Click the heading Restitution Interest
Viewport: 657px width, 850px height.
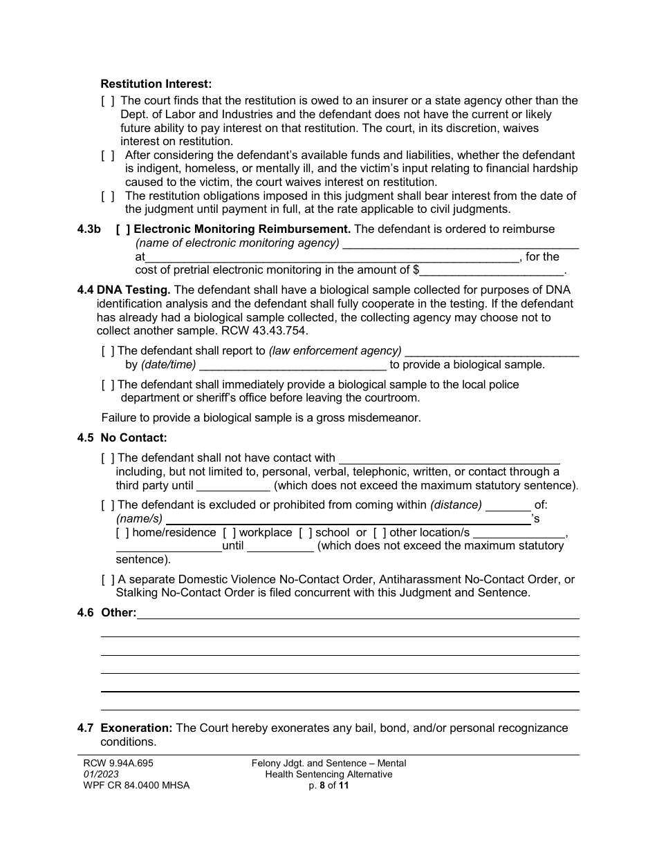[156, 84]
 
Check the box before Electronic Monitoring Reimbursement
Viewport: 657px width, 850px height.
[122, 229]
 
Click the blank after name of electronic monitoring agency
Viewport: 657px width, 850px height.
[461, 244]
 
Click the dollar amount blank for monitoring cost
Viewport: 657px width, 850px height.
[492, 272]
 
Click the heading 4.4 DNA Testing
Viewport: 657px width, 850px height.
[124, 290]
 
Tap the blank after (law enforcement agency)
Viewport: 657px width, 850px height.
[492, 352]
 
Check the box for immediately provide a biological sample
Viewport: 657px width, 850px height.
[108, 385]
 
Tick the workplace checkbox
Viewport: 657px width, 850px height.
[229, 533]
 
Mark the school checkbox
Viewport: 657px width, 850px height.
[305, 533]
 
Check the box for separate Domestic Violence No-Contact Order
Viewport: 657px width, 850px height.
[108, 580]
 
